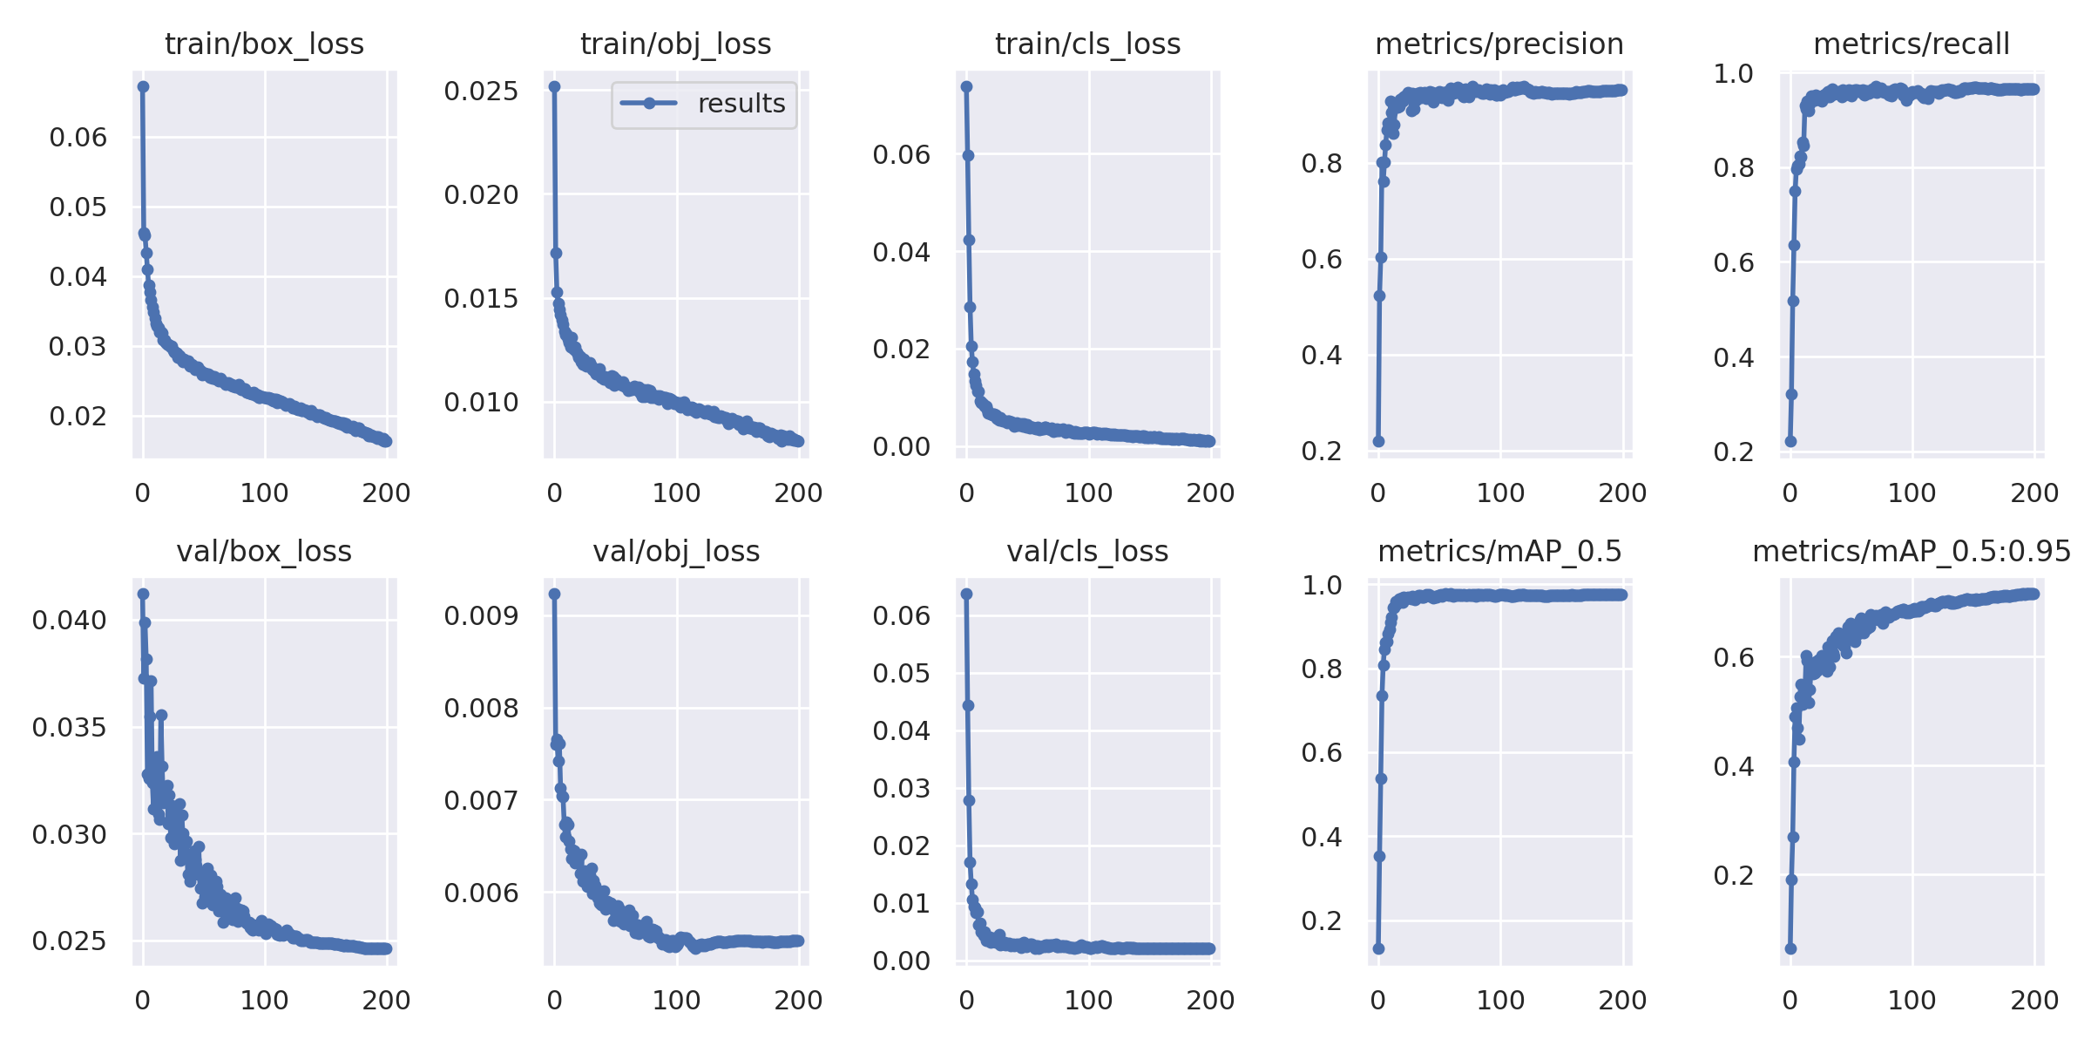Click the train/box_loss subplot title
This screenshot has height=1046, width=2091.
pyautogui.click(x=264, y=44)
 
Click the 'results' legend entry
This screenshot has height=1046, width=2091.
pyautogui.click(x=741, y=104)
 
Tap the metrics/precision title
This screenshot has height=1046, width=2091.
pyautogui.click(x=1499, y=44)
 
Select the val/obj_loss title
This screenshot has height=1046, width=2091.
pyautogui.click(x=676, y=551)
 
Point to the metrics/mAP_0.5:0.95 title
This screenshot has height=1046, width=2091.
pyautogui.click(x=1912, y=551)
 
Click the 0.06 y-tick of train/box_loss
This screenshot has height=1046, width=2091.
pyautogui.click(x=78, y=137)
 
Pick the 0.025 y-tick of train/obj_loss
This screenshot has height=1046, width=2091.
pyautogui.click(x=481, y=91)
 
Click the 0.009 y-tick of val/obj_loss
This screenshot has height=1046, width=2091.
pyautogui.click(x=481, y=616)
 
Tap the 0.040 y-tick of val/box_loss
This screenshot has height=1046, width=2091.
pyautogui.click(x=70, y=621)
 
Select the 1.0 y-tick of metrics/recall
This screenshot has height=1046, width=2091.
pyautogui.click(x=1733, y=74)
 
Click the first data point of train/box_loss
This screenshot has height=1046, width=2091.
pyautogui.click(x=143, y=86)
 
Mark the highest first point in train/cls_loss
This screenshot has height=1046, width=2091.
pyautogui.click(x=966, y=86)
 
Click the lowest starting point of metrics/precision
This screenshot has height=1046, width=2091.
pyautogui.click(x=1378, y=441)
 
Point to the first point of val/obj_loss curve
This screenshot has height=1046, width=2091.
pyautogui.click(x=554, y=594)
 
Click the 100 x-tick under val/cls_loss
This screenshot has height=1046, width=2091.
pyautogui.click(x=1088, y=1000)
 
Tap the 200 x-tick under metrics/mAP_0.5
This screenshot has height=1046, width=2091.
pyautogui.click(x=1621, y=1000)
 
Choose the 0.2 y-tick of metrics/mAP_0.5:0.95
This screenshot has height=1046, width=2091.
pyautogui.click(x=1733, y=875)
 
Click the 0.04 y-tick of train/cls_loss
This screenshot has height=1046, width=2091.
pyautogui.click(x=901, y=252)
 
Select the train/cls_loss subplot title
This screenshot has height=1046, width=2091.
pyautogui.click(x=1087, y=44)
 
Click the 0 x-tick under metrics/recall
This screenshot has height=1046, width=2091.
pyautogui.click(x=1790, y=492)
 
